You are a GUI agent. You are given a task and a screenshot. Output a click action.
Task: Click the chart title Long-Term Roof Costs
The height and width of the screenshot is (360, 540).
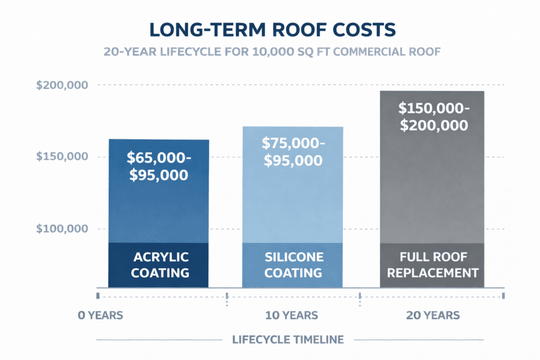[x=269, y=30]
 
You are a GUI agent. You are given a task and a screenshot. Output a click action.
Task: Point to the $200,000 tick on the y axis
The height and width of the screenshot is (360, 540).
[x=62, y=85]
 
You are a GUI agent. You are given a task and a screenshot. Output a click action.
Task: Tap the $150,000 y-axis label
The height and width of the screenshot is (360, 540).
[x=62, y=157]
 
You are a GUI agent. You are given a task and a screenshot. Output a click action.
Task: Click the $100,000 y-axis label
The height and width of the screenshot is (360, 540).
[x=62, y=229]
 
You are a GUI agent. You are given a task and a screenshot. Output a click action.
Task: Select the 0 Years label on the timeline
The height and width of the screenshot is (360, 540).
[x=100, y=316]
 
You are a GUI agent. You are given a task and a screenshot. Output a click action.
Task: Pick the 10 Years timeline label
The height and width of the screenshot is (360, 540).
[x=291, y=316]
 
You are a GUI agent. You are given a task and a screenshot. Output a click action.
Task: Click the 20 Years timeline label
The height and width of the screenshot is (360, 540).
[x=433, y=316]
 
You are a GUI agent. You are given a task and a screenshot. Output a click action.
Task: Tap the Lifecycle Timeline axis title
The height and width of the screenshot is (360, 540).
[x=288, y=339]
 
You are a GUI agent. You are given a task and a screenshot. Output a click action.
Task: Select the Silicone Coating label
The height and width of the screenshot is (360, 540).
[x=293, y=265]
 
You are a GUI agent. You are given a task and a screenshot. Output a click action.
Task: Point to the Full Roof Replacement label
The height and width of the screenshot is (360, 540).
[x=432, y=265]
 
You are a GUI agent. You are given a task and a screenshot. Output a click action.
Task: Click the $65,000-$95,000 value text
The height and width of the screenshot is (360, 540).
[x=158, y=166]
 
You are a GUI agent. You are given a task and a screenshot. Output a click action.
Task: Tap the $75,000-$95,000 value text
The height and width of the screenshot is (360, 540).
[x=294, y=152]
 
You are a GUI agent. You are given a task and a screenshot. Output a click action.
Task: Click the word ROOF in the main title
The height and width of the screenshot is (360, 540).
[x=277, y=30]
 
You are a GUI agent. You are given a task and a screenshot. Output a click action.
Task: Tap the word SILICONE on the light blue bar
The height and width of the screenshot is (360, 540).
[x=293, y=257]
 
